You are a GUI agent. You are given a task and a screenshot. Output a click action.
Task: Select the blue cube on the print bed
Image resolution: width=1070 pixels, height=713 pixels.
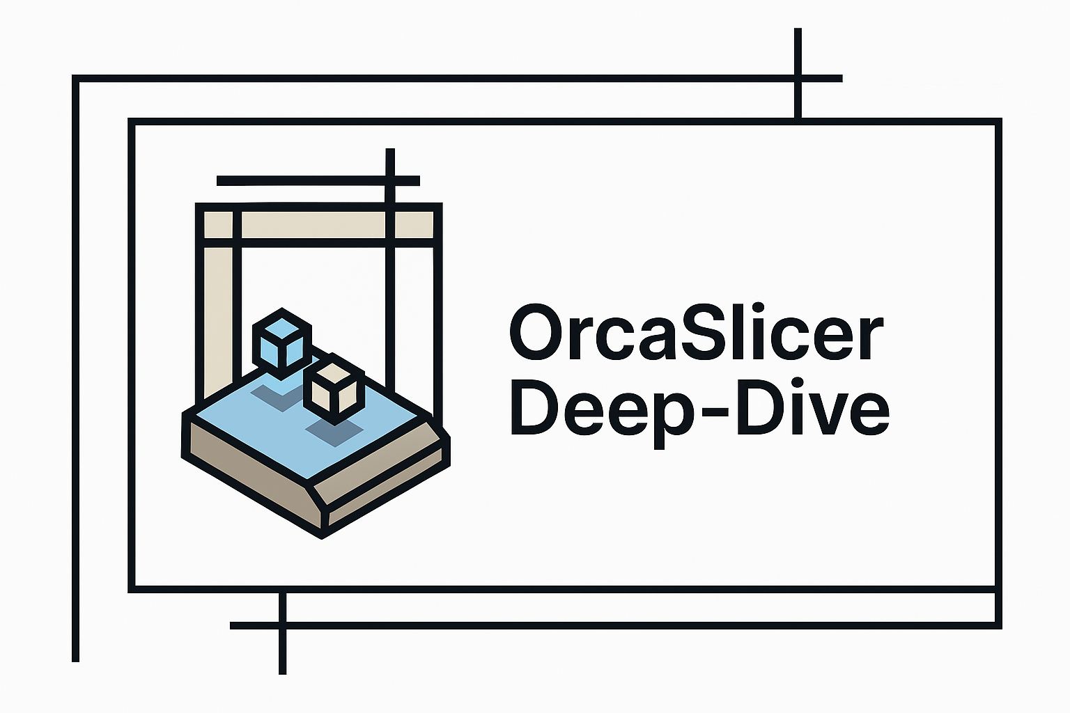[x=281, y=341]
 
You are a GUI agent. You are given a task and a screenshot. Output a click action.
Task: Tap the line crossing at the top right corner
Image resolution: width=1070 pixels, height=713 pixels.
[x=798, y=78]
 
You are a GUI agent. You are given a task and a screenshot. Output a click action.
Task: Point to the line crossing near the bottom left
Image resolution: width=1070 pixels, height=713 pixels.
[x=282, y=625]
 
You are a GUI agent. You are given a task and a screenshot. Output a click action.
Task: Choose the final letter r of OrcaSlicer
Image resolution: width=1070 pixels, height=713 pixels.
[x=871, y=338]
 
